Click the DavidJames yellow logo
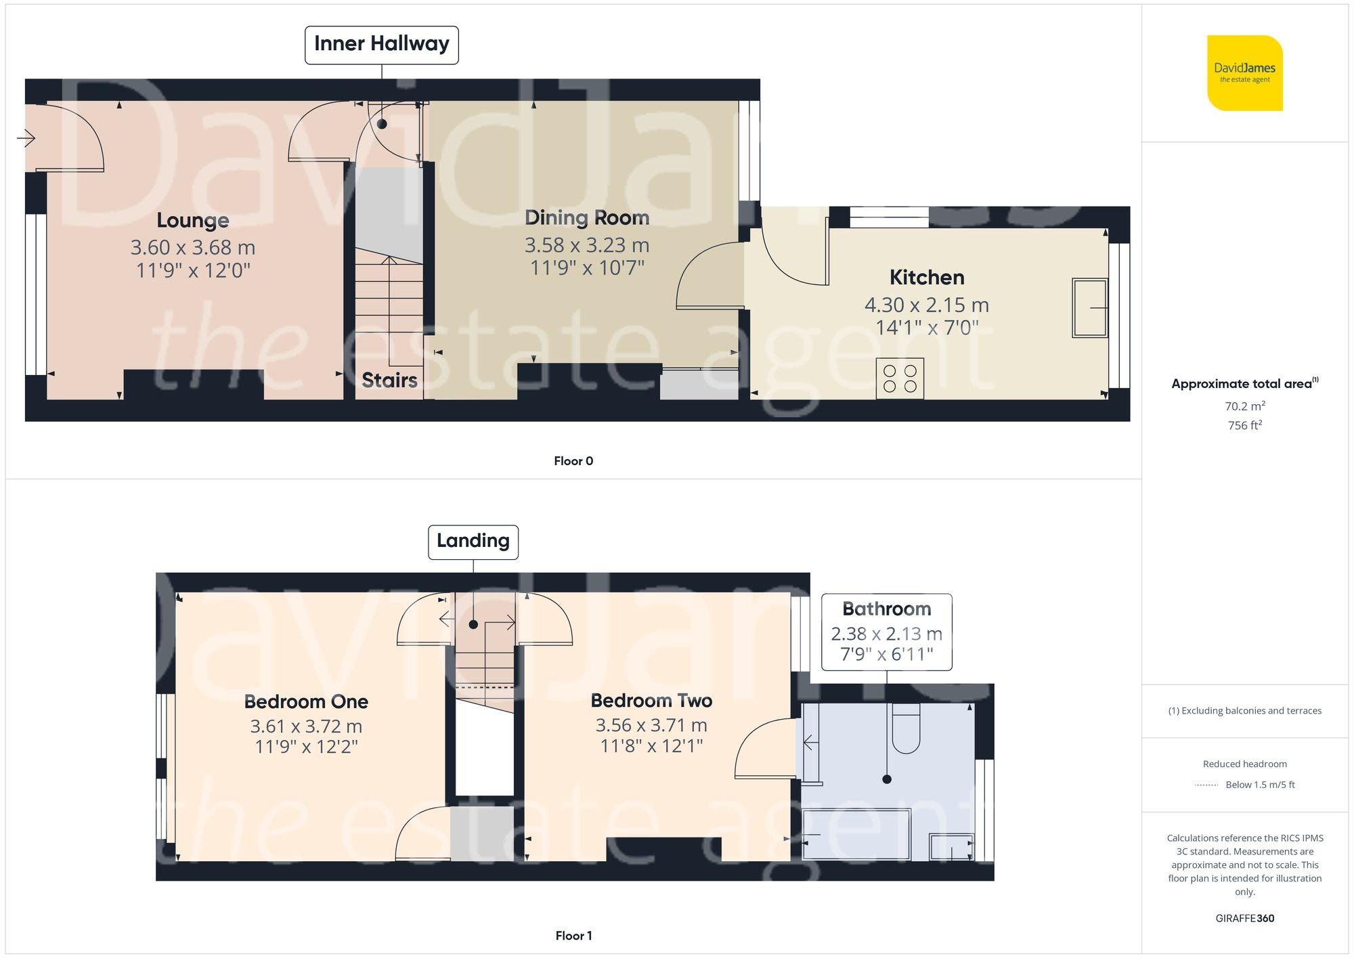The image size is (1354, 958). [1245, 73]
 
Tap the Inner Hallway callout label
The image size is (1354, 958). [382, 45]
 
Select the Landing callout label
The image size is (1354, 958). [473, 542]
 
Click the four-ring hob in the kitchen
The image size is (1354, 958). [900, 378]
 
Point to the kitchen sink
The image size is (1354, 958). [1090, 308]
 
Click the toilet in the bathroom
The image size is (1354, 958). [907, 728]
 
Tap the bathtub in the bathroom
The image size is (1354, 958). [856, 834]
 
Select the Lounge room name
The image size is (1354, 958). [193, 221]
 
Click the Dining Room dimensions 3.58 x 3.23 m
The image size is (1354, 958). [587, 245]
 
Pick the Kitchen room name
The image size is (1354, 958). [927, 278]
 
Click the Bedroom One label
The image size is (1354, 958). [306, 701]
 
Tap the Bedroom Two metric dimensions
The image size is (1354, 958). [651, 725]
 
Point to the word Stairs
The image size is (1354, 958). [389, 380]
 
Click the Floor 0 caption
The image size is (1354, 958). [573, 461]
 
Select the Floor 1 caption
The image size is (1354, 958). [573, 936]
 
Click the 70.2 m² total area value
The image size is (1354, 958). [1245, 406]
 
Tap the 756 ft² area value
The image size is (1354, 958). [1245, 425]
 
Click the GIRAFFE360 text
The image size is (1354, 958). [1245, 919]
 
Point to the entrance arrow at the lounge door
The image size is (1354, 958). [26, 139]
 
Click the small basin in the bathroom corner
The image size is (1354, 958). [951, 847]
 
